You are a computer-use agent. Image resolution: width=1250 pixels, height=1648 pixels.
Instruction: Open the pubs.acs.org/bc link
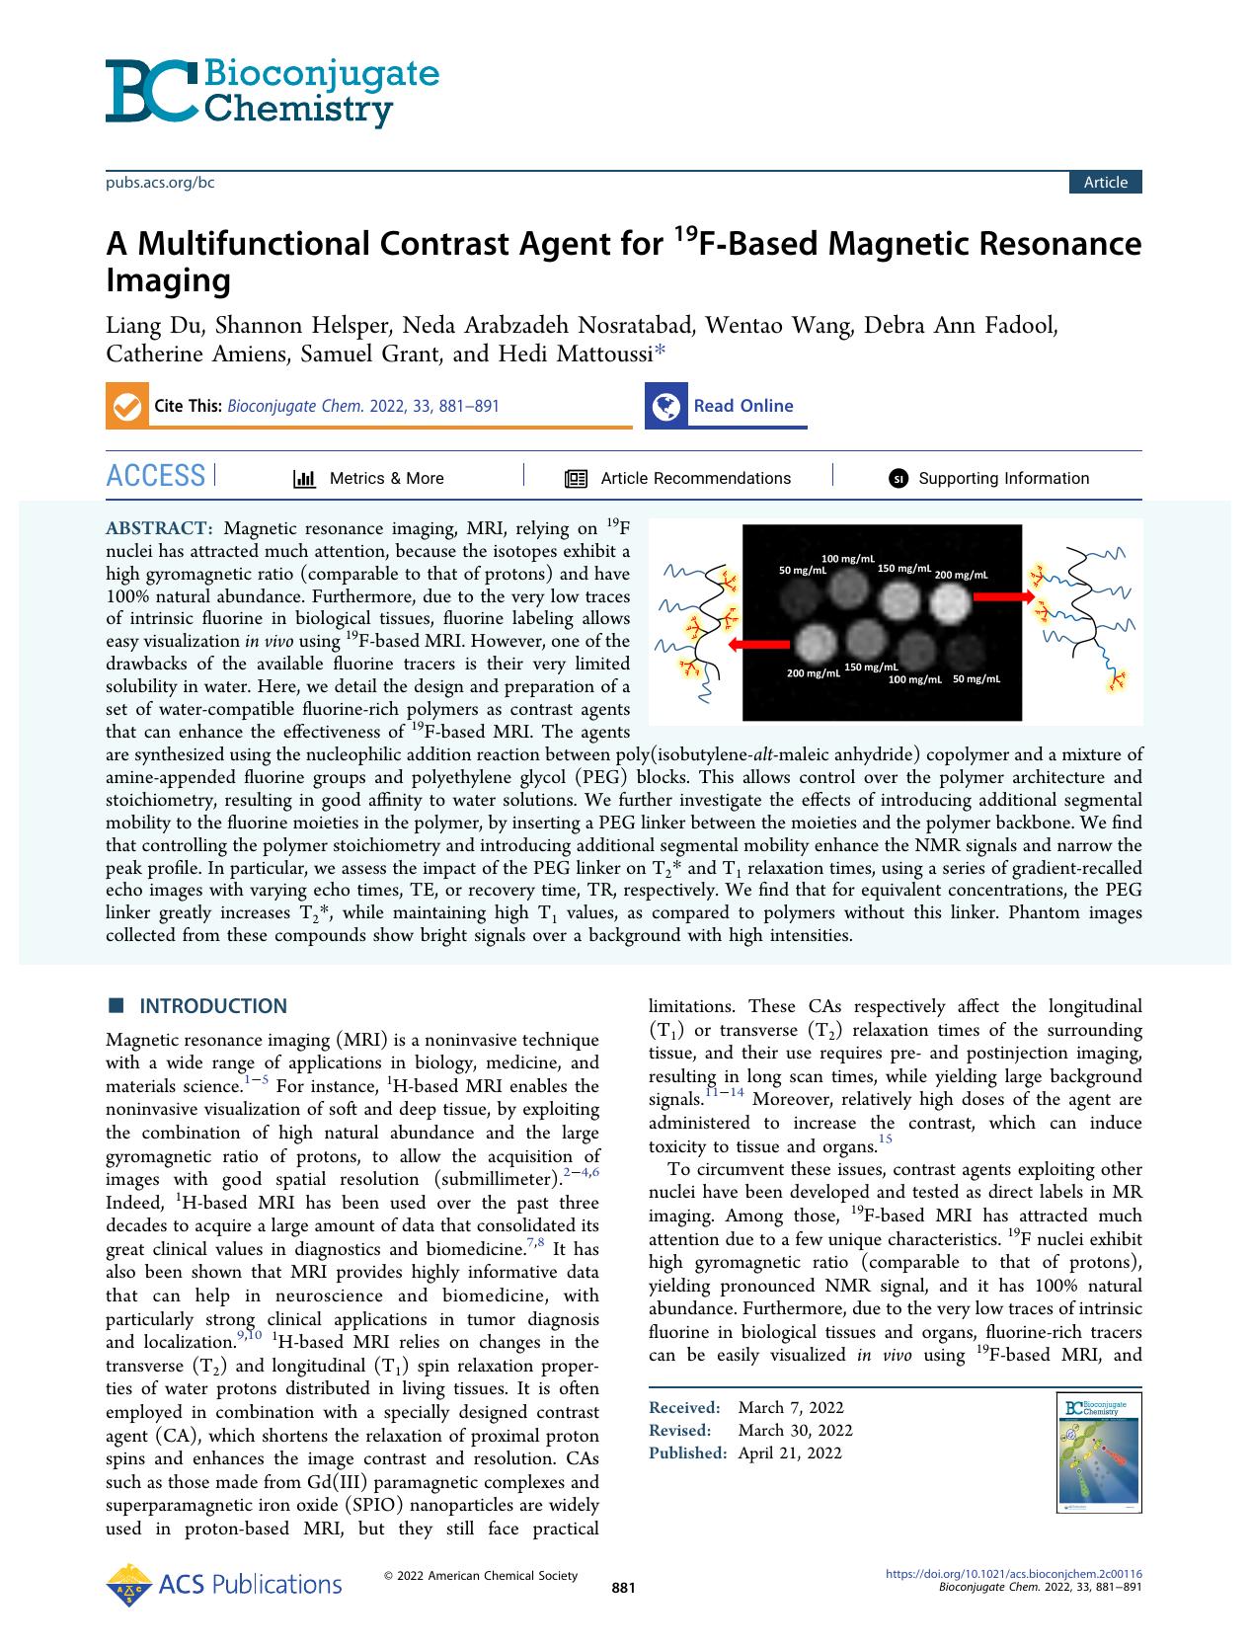coord(160,182)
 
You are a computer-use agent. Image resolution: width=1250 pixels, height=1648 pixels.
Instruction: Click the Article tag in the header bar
coord(1105,182)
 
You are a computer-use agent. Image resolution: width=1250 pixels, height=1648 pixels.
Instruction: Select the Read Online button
coord(726,406)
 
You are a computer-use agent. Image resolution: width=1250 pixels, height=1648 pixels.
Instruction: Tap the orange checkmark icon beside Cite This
coord(126,407)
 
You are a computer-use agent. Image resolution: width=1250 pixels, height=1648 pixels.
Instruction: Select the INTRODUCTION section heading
coord(212,1006)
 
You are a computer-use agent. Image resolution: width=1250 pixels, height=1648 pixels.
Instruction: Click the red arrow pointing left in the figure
coord(757,644)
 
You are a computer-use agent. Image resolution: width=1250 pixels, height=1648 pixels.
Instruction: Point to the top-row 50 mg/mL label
coord(803,571)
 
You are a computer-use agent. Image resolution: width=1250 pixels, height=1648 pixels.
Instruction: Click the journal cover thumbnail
coord(1097,1454)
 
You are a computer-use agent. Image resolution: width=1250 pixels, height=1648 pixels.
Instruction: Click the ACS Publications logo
coord(224,1585)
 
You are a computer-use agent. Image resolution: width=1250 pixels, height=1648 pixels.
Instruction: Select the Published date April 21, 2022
coord(790,1452)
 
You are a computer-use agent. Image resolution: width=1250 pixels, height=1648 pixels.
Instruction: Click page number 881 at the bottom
coord(623,1588)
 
